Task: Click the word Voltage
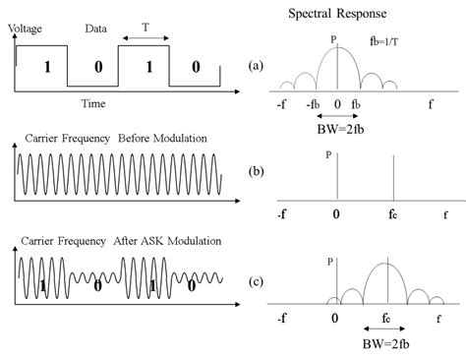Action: click(25, 30)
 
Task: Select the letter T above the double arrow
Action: click(146, 30)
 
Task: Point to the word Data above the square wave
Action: click(96, 30)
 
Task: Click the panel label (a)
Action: click(256, 66)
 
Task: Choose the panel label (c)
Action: click(256, 285)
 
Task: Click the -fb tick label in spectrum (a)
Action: click(314, 102)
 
